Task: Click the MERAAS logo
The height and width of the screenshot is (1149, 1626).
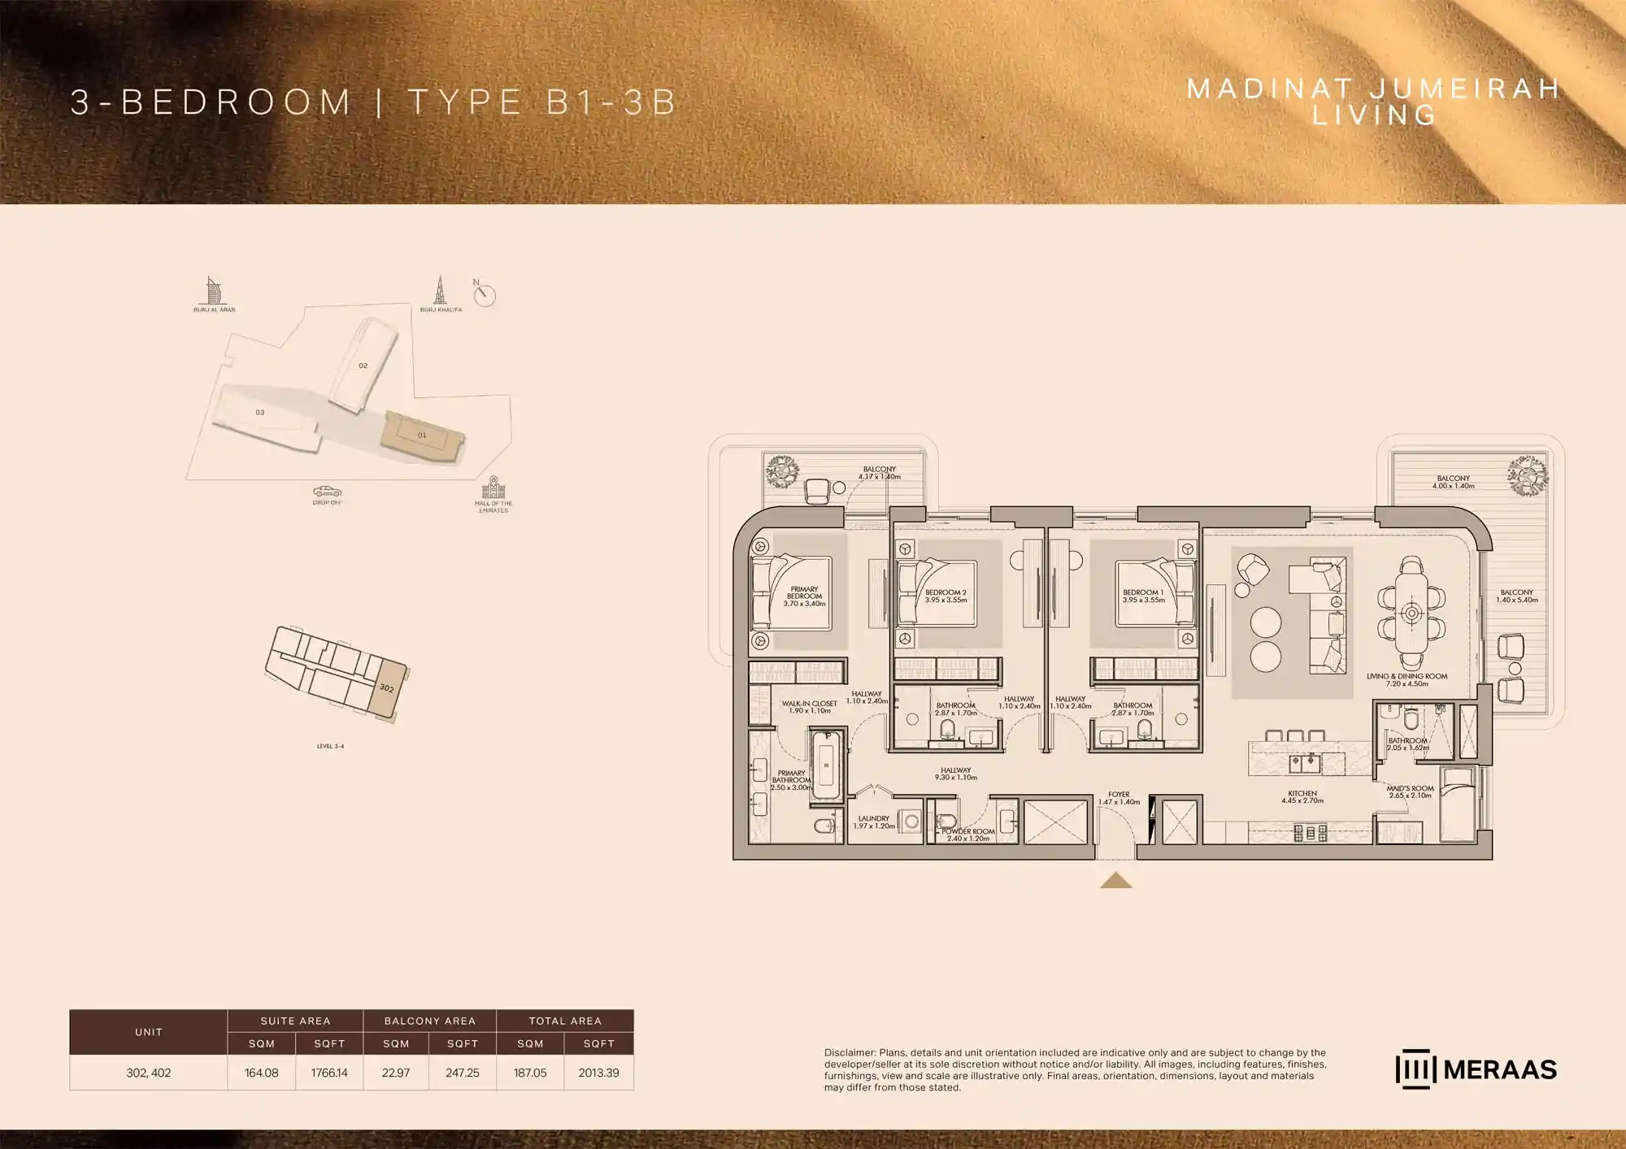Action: (x=1476, y=1069)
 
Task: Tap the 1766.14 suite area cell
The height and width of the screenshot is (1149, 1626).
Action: (x=329, y=1073)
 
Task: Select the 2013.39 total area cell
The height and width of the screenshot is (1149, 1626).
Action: (x=598, y=1073)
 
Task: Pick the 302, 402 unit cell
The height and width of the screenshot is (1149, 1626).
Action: (x=149, y=1073)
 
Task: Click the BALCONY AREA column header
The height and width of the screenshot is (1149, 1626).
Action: (x=429, y=1021)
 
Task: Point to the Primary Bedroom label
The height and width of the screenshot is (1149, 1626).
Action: (x=804, y=596)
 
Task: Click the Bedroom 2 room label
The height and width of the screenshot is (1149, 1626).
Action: (x=946, y=596)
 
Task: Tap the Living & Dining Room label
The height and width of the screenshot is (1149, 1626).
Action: (x=1406, y=680)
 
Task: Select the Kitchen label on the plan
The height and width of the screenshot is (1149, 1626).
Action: (x=1302, y=797)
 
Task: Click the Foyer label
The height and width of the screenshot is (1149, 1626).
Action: (x=1119, y=798)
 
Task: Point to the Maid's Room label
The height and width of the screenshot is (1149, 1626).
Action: (x=1410, y=792)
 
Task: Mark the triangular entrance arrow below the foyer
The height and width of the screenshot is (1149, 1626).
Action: (x=1116, y=881)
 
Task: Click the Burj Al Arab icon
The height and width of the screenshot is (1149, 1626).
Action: (x=213, y=291)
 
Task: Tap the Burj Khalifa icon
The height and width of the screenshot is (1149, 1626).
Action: (x=440, y=290)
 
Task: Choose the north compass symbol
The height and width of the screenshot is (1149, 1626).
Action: (x=485, y=294)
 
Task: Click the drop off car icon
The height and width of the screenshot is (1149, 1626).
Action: (x=327, y=492)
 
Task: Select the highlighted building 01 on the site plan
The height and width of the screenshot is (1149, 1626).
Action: (x=422, y=436)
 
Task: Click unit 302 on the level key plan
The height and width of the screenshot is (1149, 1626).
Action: (x=387, y=689)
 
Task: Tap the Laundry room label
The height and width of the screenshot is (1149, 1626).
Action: (x=874, y=822)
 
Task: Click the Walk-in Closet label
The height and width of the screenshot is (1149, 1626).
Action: (x=809, y=707)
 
